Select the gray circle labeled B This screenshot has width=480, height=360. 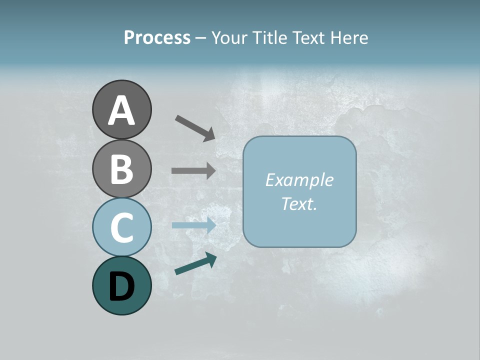point(121,169)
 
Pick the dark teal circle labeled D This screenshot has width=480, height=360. point(121,286)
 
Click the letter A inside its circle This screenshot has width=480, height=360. point(121,110)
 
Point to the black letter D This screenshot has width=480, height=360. point(121,287)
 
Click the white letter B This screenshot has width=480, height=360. point(121,169)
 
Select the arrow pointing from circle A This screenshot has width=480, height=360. point(195,127)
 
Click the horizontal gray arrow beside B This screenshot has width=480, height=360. point(193,170)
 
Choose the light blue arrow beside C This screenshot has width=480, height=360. point(193,225)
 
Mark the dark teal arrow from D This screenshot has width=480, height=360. point(195,263)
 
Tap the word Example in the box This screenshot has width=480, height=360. point(299,180)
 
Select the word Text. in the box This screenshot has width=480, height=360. point(299,203)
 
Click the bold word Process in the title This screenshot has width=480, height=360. point(157,37)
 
